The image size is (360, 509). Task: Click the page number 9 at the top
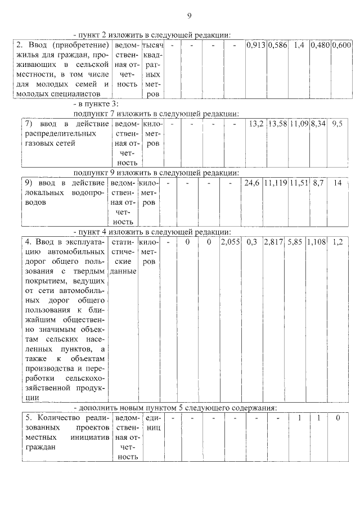point(190,15)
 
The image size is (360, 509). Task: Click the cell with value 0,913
point(256,44)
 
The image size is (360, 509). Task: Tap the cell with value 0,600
point(341,44)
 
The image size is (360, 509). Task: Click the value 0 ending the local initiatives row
point(337,418)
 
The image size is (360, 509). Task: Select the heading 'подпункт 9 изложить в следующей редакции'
point(156,172)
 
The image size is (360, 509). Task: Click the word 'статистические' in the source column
point(122,252)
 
